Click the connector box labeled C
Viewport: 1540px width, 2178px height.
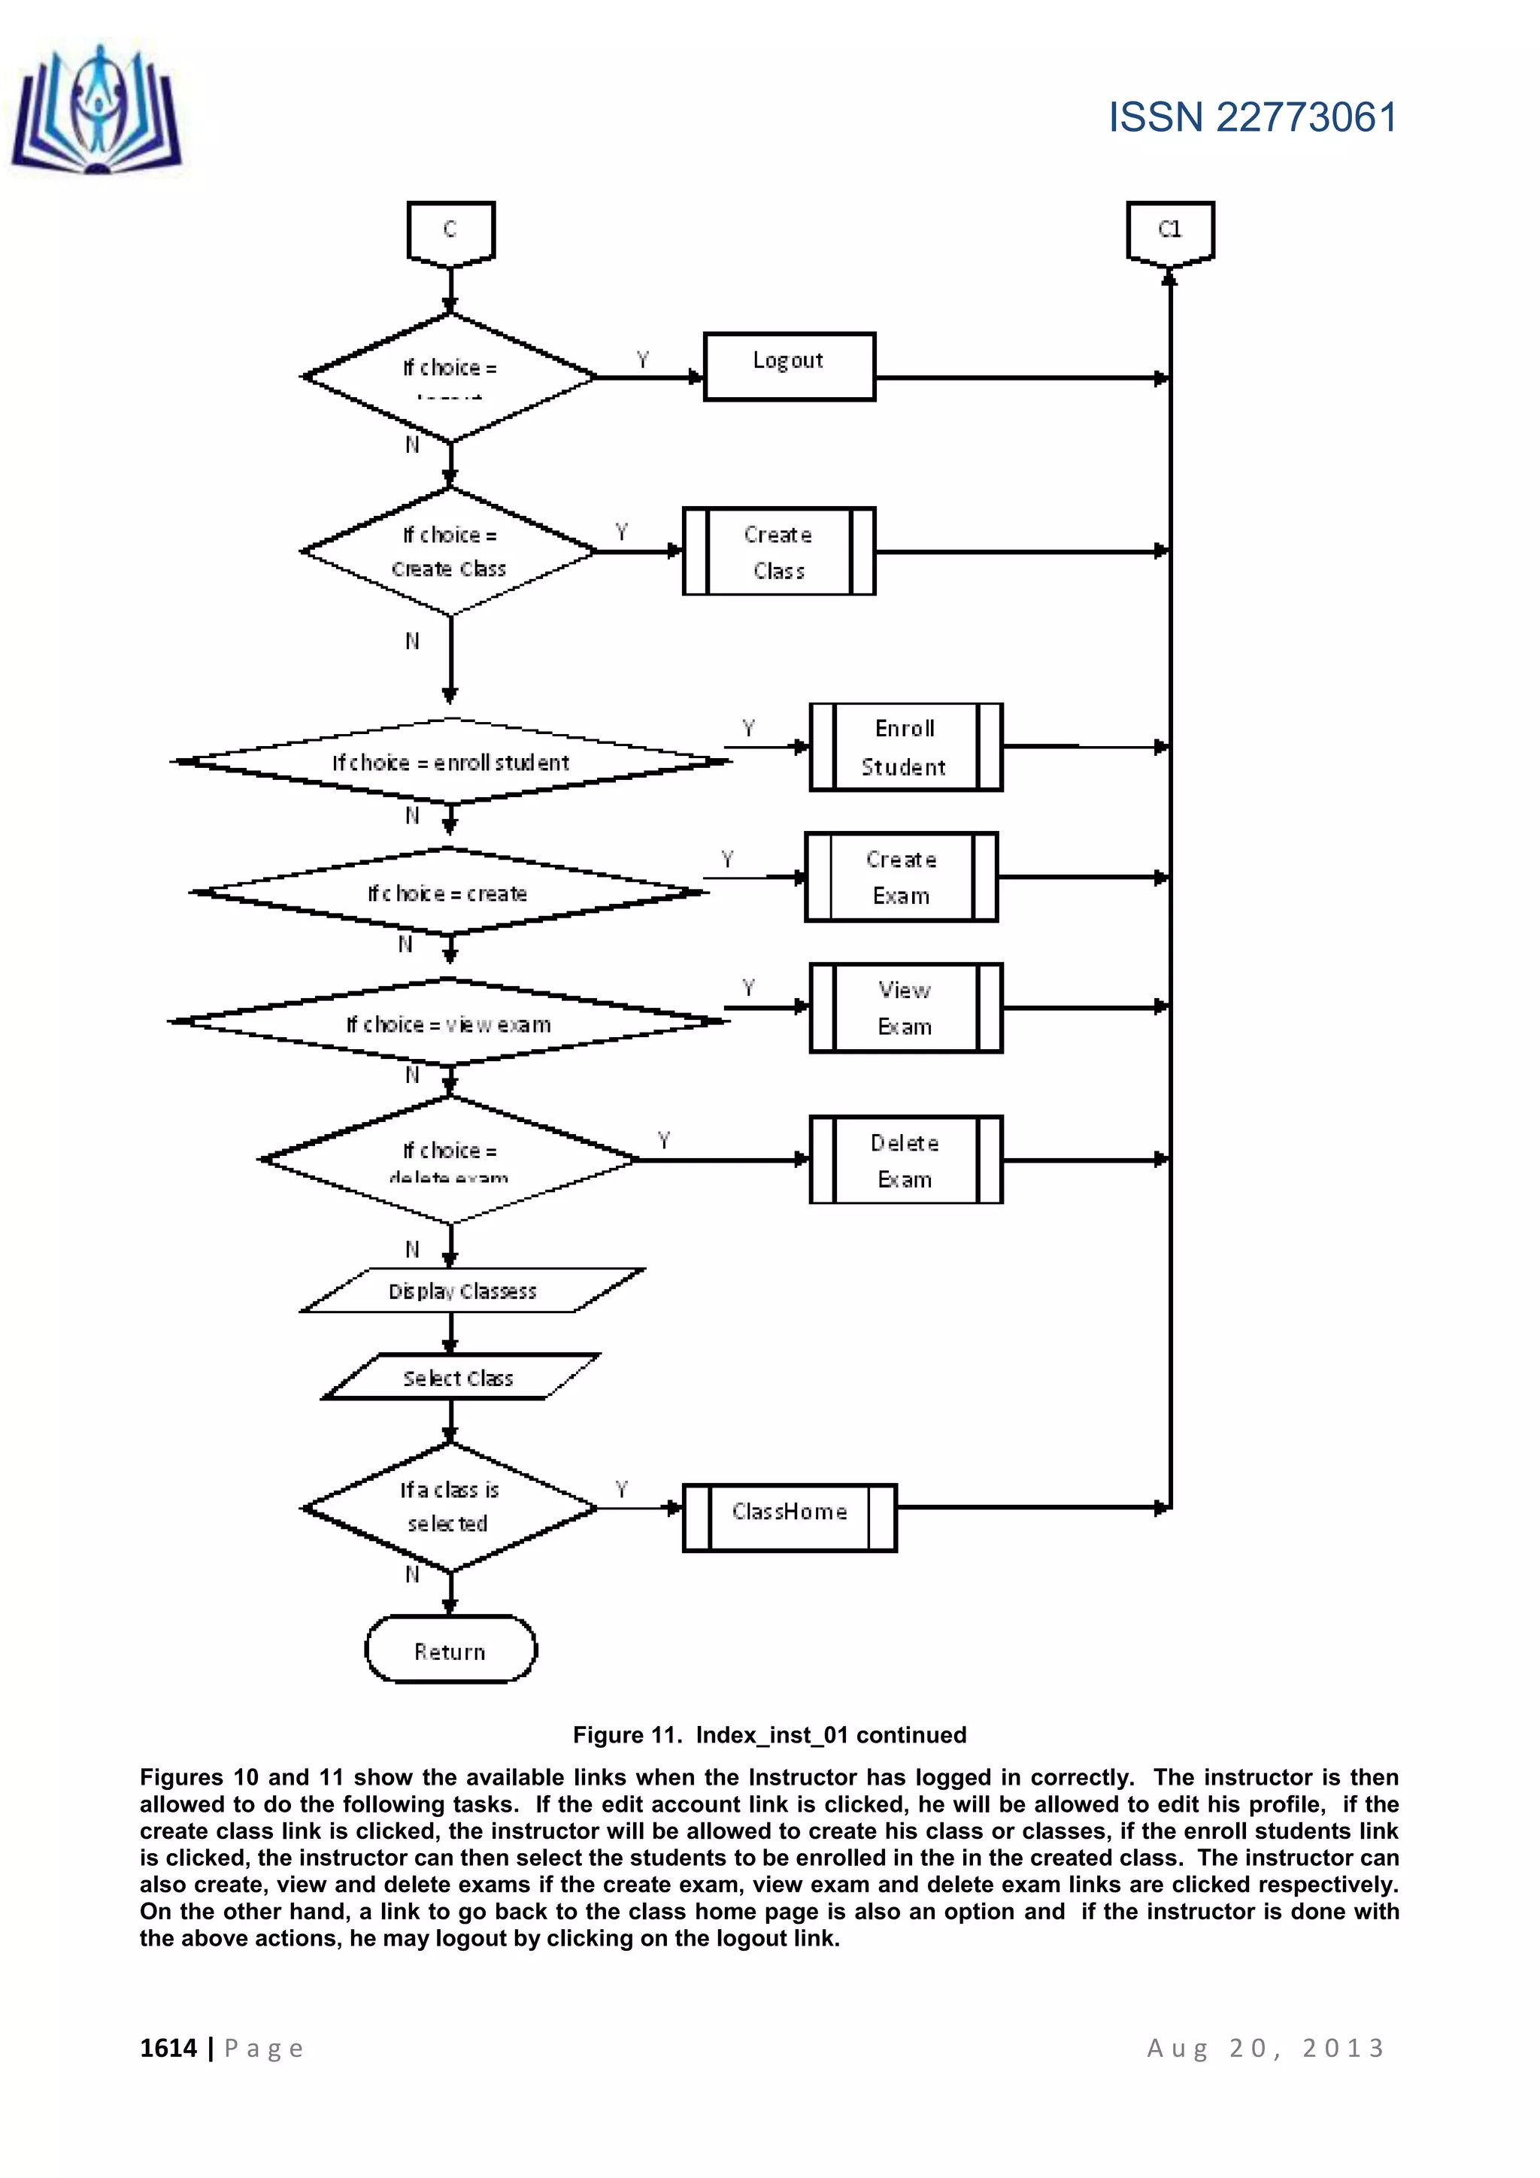[450, 231]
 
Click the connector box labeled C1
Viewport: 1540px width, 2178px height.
[1170, 231]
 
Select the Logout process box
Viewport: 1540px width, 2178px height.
[789, 366]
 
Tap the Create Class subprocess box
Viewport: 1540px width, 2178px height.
[778, 551]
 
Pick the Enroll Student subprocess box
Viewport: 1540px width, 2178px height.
[905, 747]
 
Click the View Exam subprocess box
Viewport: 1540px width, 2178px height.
[905, 1008]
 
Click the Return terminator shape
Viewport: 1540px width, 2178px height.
[450, 1652]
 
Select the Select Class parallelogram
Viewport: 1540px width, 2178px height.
[459, 1377]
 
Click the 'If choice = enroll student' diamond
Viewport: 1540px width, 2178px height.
[450, 762]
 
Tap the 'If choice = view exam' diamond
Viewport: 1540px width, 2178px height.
[448, 1023]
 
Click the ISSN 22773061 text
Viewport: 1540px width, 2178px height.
[1253, 117]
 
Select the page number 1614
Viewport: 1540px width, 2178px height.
[168, 2047]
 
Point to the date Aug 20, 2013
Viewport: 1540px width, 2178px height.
[1266, 2047]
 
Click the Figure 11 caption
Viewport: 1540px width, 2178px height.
[769, 1734]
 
